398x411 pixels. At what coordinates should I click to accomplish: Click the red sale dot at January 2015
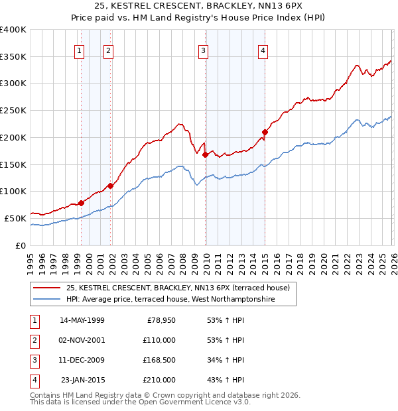click(x=265, y=132)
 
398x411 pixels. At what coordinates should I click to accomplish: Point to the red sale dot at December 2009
click(x=205, y=154)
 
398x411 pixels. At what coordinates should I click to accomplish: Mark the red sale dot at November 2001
click(x=110, y=186)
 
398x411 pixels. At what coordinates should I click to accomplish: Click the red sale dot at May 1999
click(x=81, y=203)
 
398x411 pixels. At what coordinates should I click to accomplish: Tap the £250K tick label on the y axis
click(x=13, y=111)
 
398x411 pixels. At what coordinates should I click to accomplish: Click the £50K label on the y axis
click(x=15, y=218)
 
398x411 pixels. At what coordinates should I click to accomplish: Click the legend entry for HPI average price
click(x=180, y=300)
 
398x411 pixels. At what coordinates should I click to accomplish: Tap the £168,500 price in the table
click(x=159, y=360)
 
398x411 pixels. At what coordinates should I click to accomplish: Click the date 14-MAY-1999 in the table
click(x=82, y=320)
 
